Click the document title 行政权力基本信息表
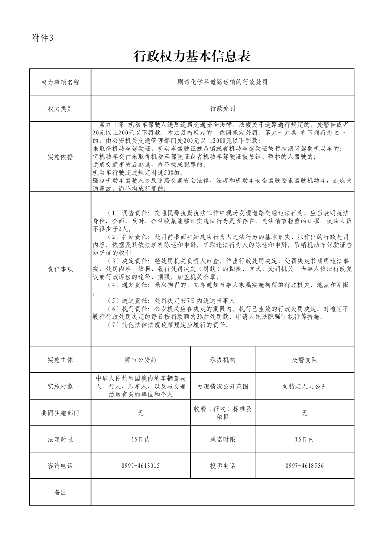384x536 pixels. coord(192,57)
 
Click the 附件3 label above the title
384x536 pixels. coord(42,38)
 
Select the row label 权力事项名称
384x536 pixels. coord(60,83)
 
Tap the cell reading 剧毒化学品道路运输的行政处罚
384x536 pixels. coord(222,83)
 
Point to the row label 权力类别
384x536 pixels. coord(60,109)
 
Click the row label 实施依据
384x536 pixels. coord(60,157)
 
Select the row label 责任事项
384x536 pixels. coord(60,269)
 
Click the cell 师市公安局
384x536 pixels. coord(141,360)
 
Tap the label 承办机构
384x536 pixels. coord(222,360)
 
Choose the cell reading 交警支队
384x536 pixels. coord(305,360)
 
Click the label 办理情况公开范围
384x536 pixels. coord(222,387)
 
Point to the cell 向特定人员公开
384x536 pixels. coord(305,387)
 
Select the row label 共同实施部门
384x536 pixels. coord(60,413)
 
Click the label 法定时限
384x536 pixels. coord(60,439)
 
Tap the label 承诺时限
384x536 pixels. coord(222,439)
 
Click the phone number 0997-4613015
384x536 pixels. coord(141,465)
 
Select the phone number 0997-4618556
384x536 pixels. coord(305,465)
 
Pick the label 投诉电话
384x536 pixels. coord(222,465)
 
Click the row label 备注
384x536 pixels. coord(60,492)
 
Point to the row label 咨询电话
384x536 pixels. coord(60,465)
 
